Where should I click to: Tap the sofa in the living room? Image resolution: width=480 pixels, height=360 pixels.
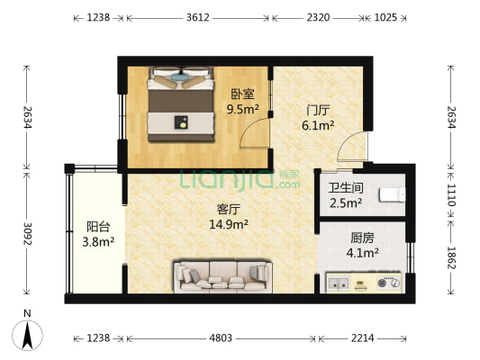pyautogui.click(x=222, y=274)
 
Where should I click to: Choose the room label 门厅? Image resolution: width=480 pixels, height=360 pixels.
pyautogui.click(x=318, y=110)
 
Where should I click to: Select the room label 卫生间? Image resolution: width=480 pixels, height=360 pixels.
pyautogui.click(x=344, y=188)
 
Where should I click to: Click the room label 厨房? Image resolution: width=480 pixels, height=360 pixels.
pyautogui.click(x=363, y=238)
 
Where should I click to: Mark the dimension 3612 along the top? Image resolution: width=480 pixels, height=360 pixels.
pyautogui.click(x=197, y=17)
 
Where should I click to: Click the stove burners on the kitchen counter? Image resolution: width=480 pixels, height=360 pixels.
pyautogui.click(x=389, y=285)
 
